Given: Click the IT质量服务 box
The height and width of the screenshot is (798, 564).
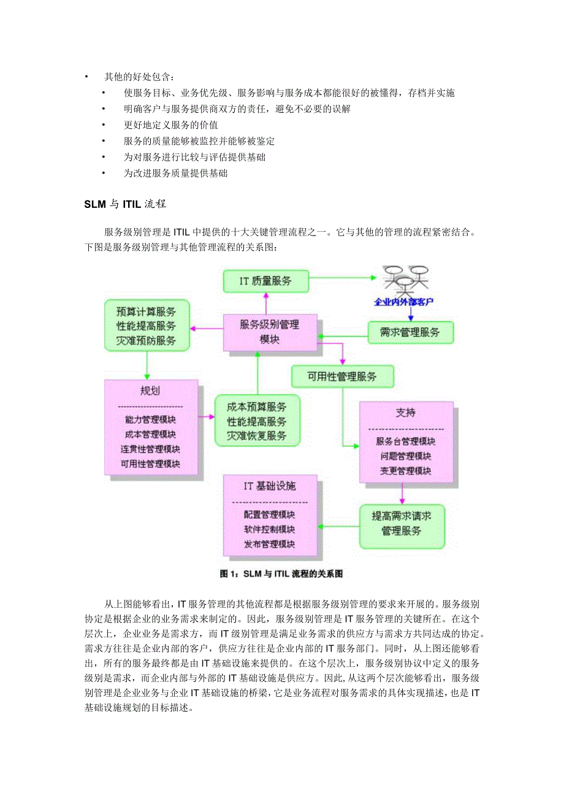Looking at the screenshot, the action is point(265,282).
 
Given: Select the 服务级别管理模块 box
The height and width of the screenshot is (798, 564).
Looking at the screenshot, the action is point(270,332).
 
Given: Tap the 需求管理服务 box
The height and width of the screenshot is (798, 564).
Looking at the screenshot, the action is point(411,333).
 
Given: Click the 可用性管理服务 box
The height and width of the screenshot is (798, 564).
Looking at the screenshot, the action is point(342,376).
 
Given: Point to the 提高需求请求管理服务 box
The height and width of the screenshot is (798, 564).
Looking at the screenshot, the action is point(402,524).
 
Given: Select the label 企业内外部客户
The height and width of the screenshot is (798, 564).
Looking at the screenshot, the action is point(404,302).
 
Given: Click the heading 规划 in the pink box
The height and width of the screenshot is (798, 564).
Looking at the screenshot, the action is point(150,391).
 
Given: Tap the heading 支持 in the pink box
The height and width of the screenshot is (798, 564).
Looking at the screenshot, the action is point(406,413).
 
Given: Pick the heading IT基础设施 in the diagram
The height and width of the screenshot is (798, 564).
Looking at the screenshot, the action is point(270,486).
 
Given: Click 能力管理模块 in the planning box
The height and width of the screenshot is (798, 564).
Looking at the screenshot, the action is point(150,420).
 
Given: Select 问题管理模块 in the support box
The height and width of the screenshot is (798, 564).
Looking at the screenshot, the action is point(406,456).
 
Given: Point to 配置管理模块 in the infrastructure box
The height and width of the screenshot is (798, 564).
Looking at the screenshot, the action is point(270,515).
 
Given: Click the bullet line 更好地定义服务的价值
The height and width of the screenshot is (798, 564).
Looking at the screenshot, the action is point(161,125).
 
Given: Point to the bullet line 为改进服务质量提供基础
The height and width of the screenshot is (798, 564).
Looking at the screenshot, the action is point(175,173).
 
